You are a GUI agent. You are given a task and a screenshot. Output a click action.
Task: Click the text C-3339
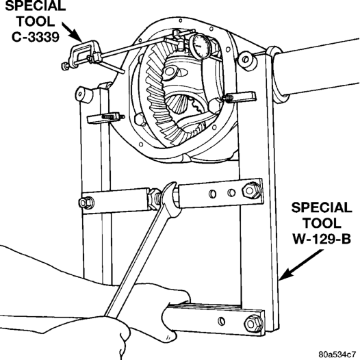tap(36, 37)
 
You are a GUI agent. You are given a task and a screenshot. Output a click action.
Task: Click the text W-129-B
tap(322, 239)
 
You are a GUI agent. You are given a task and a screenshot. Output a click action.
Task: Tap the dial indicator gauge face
tap(201, 45)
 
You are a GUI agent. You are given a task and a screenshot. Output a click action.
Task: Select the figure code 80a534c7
tap(338, 354)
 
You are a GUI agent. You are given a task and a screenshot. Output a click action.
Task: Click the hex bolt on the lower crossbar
tap(253, 324)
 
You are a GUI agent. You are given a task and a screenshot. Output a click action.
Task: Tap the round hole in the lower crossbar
tap(222, 321)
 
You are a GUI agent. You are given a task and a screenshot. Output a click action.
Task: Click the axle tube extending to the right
tap(317, 69)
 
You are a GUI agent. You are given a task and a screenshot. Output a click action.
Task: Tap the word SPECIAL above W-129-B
tap(322, 207)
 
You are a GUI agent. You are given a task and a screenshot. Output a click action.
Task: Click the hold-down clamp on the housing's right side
tap(239, 97)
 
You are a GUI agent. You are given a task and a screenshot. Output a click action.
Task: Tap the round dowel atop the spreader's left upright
tap(83, 94)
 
